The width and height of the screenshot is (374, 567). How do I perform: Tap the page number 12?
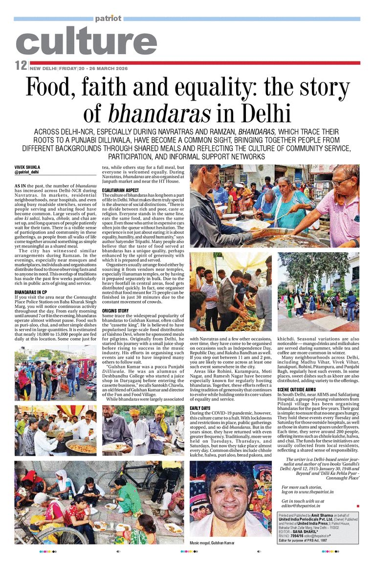coord(21,65)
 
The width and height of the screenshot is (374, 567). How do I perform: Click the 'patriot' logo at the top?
coord(109,18)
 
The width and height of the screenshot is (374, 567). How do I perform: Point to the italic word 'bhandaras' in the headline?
coord(159,114)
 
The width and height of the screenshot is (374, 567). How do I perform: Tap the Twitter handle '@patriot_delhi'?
coord(27,172)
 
